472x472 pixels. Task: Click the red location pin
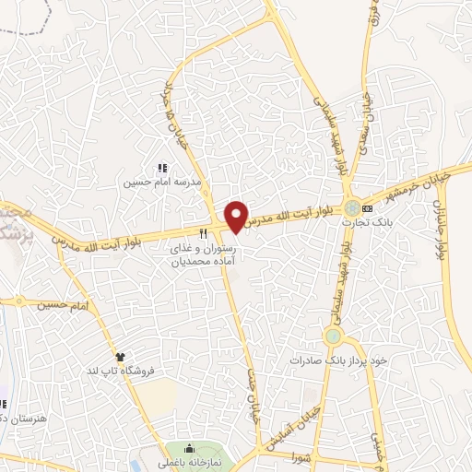pyautogui.click(x=237, y=217)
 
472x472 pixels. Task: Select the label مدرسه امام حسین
pyautogui.click(x=162, y=183)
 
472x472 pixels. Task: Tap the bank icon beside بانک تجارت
pyautogui.click(x=368, y=208)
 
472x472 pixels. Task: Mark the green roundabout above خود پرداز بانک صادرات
pyautogui.click(x=333, y=336)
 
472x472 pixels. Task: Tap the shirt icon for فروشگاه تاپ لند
pyautogui.click(x=119, y=356)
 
